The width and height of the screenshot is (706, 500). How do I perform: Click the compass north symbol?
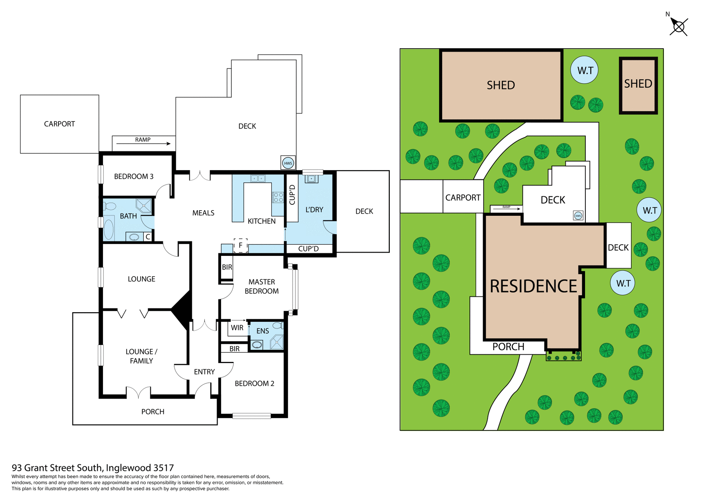tap(678, 27)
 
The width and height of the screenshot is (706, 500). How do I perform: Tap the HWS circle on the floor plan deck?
tap(288, 163)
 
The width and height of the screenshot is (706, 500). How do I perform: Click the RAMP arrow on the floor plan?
tap(143, 144)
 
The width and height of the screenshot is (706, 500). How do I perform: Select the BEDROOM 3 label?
tap(133, 176)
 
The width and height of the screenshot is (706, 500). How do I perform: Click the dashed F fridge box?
tap(240, 245)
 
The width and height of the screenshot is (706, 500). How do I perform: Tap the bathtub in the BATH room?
tap(109, 229)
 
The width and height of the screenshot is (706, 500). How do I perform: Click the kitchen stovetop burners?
tap(278, 197)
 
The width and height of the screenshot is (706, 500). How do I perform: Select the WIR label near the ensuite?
tap(237, 328)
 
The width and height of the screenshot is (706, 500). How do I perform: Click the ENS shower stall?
tap(277, 342)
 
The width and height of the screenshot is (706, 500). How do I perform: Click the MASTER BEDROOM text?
tap(261, 286)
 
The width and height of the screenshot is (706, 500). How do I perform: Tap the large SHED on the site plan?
tap(501, 85)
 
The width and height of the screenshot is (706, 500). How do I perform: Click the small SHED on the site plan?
tap(638, 84)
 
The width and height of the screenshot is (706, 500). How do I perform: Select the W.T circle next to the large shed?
tap(584, 70)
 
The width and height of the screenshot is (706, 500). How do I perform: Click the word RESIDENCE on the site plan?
tap(533, 286)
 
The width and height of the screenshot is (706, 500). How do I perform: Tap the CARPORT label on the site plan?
tap(463, 198)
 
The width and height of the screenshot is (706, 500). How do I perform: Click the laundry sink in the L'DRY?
tap(311, 179)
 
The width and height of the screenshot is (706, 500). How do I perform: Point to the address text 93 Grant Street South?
tap(93, 468)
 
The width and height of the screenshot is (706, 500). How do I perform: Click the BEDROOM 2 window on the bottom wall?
tap(252, 416)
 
